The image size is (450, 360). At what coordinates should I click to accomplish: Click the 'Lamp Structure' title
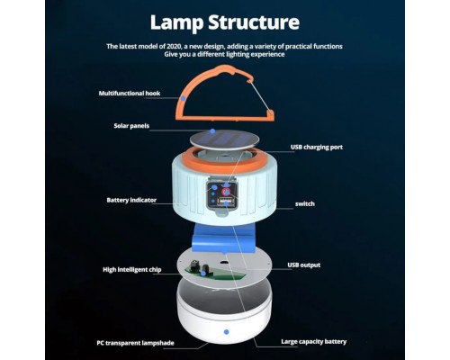point(225,22)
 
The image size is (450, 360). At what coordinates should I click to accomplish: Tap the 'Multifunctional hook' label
point(130,94)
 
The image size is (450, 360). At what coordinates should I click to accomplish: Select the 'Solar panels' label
point(131,126)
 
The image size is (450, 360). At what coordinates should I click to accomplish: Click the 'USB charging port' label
point(317,148)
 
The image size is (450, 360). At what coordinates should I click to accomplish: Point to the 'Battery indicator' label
point(131,200)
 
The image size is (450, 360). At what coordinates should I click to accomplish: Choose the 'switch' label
point(305,204)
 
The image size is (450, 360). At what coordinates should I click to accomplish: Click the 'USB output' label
point(304,265)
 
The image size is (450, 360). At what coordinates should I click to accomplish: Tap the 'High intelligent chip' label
point(132,270)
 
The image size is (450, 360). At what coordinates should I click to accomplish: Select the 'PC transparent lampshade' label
point(135,343)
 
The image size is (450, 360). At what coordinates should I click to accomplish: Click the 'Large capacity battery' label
point(314,342)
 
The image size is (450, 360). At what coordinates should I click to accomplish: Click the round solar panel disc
point(225,139)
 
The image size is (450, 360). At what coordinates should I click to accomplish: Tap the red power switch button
point(226,192)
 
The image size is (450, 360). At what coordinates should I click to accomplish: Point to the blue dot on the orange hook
point(183,98)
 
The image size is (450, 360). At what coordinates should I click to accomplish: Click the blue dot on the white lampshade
point(227,332)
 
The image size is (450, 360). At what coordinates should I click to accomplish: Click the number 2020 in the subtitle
point(170,47)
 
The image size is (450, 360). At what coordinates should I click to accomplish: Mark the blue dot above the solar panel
point(212,131)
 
